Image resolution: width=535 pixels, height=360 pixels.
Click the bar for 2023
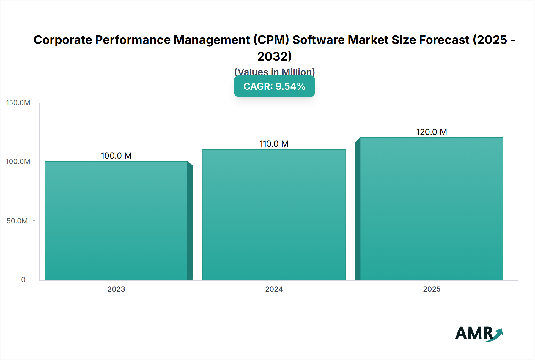coord(116,220)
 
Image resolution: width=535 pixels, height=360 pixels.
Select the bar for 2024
coord(274,214)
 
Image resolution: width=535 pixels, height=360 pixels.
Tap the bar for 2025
coord(432,209)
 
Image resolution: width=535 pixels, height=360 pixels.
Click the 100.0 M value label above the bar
coord(116,156)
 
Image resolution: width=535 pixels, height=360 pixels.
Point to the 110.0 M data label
coord(274,144)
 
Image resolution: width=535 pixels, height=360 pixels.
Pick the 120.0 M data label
coord(432,132)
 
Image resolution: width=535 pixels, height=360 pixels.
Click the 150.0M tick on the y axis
coord(18,103)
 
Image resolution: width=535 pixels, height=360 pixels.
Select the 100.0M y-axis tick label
coord(18,162)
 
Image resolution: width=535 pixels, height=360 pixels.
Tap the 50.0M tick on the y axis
coord(17,221)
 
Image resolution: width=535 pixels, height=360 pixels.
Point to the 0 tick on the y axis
coord(23,280)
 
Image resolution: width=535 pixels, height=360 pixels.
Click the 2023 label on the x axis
coord(116,289)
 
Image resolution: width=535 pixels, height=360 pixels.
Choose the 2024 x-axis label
coord(274,289)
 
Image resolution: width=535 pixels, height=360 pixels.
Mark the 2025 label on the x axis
coord(432,289)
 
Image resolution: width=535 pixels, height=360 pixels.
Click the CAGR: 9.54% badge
coord(274,86)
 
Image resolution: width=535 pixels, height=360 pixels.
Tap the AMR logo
coord(479,334)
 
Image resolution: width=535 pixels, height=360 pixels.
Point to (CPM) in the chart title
coord(271,40)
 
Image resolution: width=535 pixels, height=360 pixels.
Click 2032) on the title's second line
coord(274,56)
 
